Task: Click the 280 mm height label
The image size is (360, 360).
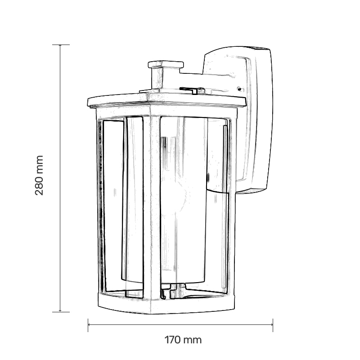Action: (x=39, y=175)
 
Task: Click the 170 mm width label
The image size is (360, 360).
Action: (x=183, y=340)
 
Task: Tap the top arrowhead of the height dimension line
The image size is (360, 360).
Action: (x=60, y=45)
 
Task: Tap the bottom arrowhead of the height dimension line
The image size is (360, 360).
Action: (x=60, y=311)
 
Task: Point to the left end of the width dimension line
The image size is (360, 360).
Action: (x=88, y=324)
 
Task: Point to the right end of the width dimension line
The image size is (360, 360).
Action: (x=273, y=324)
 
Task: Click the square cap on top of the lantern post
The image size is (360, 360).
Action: (x=166, y=64)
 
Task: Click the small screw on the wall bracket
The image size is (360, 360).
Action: (x=239, y=89)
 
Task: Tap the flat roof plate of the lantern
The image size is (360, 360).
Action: (x=166, y=100)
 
